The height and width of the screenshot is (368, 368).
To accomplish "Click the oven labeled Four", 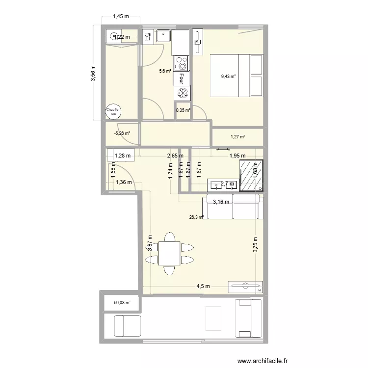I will [x=182, y=79].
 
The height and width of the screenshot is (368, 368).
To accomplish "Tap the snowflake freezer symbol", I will [x=182, y=93].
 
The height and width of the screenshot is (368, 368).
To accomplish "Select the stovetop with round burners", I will [x=182, y=63].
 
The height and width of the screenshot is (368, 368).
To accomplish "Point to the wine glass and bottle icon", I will [x=147, y=36].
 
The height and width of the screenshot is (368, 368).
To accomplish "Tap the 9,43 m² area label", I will [x=228, y=76].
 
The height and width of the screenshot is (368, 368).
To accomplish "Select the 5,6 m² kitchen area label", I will [x=165, y=71].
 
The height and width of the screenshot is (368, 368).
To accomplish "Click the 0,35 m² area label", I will [x=183, y=110].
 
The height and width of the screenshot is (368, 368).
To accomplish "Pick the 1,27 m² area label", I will [x=237, y=137].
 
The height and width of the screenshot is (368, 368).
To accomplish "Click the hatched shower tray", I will [x=252, y=175].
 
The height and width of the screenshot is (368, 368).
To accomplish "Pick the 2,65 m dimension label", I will [x=174, y=156].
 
